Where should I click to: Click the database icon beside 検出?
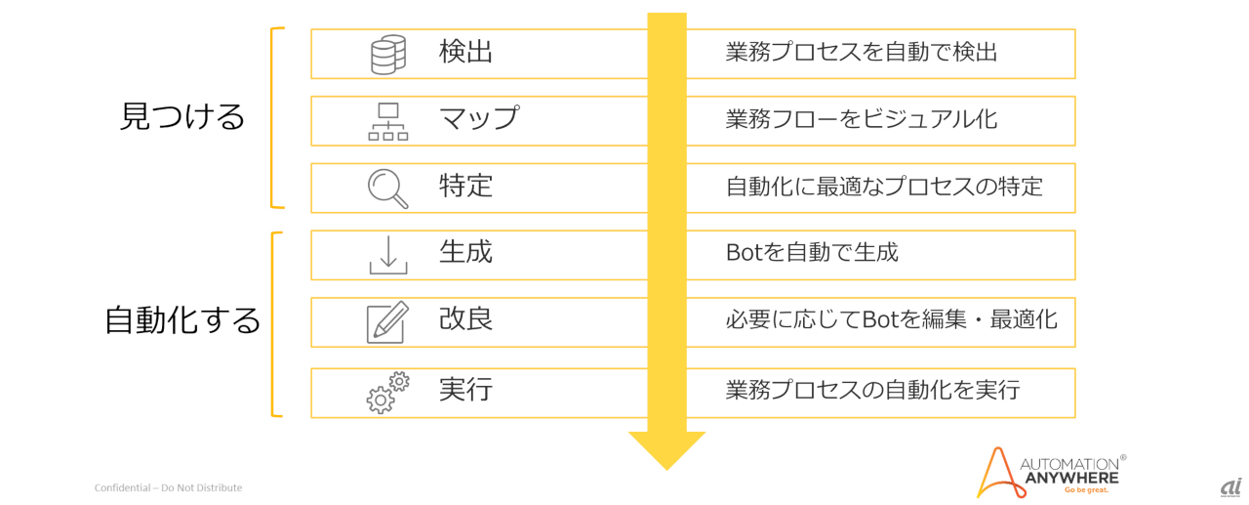pos(387,55)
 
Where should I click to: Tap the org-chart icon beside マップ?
pos(387,121)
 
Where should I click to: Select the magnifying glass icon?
pos(387,188)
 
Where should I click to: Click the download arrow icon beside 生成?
pos(387,254)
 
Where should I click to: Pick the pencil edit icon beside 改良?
pos(387,322)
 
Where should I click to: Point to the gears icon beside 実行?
pos(387,393)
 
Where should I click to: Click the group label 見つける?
pos(182,117)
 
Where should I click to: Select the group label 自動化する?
pos(182,320)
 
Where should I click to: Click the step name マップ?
pos(478,119)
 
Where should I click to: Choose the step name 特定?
pos(465,186)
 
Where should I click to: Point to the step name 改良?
pos(465,320)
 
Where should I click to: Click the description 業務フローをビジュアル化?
pos(862,120)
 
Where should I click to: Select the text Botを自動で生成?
pos(812,253)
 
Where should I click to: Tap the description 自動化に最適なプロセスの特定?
pos(884,187)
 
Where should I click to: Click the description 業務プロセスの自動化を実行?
pos(872,391)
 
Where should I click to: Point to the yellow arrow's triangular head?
pos(666,448)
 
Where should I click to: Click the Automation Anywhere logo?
pos(1051,473)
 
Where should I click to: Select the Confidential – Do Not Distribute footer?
pos(168,487)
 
